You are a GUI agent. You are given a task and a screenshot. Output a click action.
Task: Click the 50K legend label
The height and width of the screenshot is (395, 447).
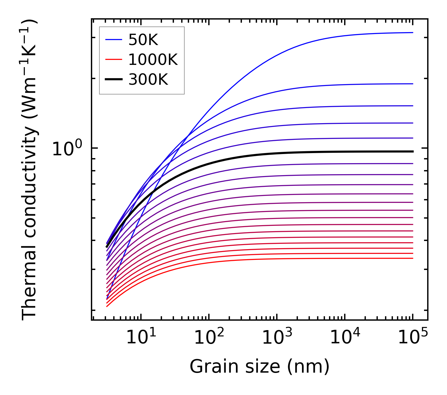coord(143,40)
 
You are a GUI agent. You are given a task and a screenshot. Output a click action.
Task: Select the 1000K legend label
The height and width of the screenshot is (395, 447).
coord(153,60)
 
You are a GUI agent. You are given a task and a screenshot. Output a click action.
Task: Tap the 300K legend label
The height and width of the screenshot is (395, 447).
coord(148,80)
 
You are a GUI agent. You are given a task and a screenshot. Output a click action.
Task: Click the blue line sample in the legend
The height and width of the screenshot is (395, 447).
coord(113,40)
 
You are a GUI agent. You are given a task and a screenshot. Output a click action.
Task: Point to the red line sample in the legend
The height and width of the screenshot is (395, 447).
coord(113,60)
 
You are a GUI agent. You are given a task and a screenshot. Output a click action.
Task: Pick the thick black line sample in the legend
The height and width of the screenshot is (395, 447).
coord(113,80)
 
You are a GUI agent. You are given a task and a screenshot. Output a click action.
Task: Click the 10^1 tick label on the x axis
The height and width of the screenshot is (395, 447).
coord(141,338)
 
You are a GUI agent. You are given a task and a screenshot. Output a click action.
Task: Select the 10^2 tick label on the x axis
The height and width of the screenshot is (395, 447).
coord(209,338)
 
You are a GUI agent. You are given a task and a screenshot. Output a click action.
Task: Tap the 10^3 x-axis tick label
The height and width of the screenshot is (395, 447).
coord(277,338)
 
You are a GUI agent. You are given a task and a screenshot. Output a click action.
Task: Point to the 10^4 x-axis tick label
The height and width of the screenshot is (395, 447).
coord(345,338)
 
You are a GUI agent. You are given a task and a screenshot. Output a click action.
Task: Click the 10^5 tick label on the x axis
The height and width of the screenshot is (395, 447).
coord(413,338)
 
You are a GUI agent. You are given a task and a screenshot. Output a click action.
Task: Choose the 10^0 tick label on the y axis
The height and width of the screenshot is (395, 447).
coord(67,149)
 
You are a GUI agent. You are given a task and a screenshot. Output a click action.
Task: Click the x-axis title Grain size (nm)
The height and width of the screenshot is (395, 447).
coord(260,367)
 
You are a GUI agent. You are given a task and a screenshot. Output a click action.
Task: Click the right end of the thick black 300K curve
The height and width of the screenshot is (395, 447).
coord(412,152)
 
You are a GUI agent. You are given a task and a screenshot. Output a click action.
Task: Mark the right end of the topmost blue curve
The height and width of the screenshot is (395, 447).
coord(412,32)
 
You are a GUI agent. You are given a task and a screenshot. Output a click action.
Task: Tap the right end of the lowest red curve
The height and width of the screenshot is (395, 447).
coord(412,258)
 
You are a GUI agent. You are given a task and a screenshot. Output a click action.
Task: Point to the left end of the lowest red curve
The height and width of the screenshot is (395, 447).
coord(107,306)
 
